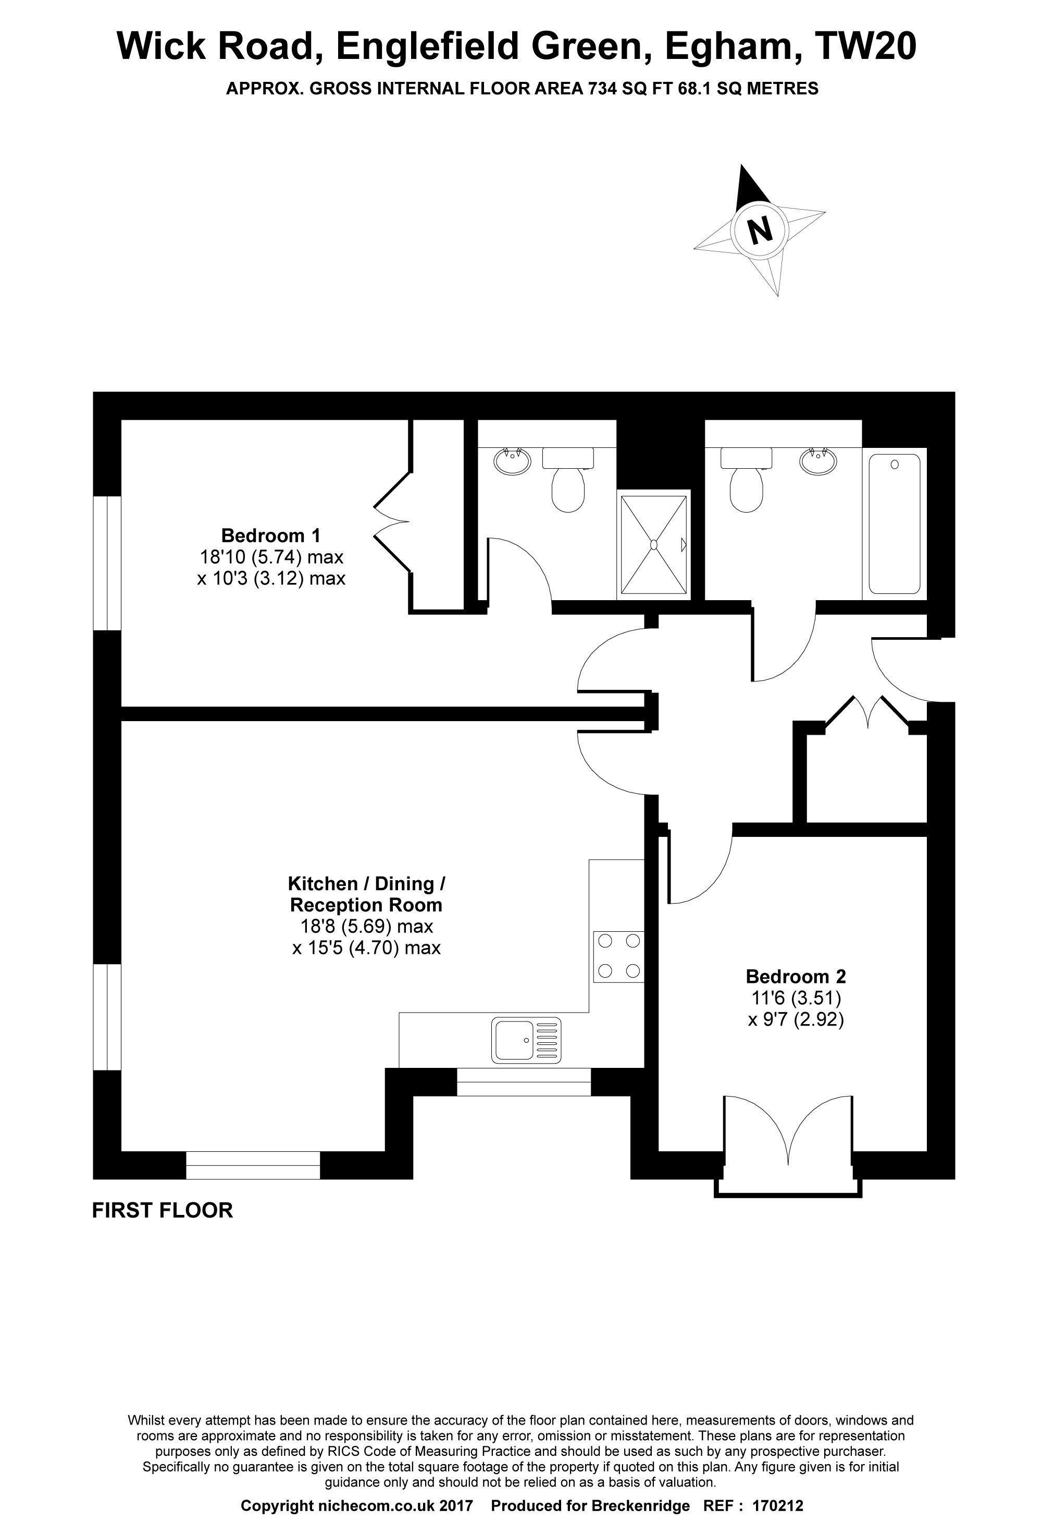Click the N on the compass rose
coord(760,230)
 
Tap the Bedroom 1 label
coord(271,536)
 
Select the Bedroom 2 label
coord(796,977)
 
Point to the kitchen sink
coord(527,1040)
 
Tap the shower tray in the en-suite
coord(653,544)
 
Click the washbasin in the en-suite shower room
coord(512,461)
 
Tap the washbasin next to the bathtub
coord(817,461)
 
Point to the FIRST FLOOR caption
coord(162,1210)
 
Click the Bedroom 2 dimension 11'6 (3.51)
coord(796,998)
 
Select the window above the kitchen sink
coord(523,1082)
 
